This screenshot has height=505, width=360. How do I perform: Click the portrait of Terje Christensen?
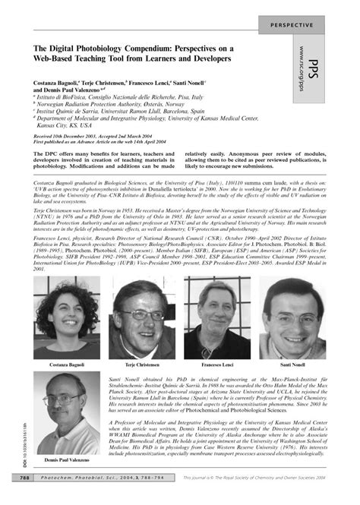click(141, 323)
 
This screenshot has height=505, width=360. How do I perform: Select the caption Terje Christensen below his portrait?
click(141, 366)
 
